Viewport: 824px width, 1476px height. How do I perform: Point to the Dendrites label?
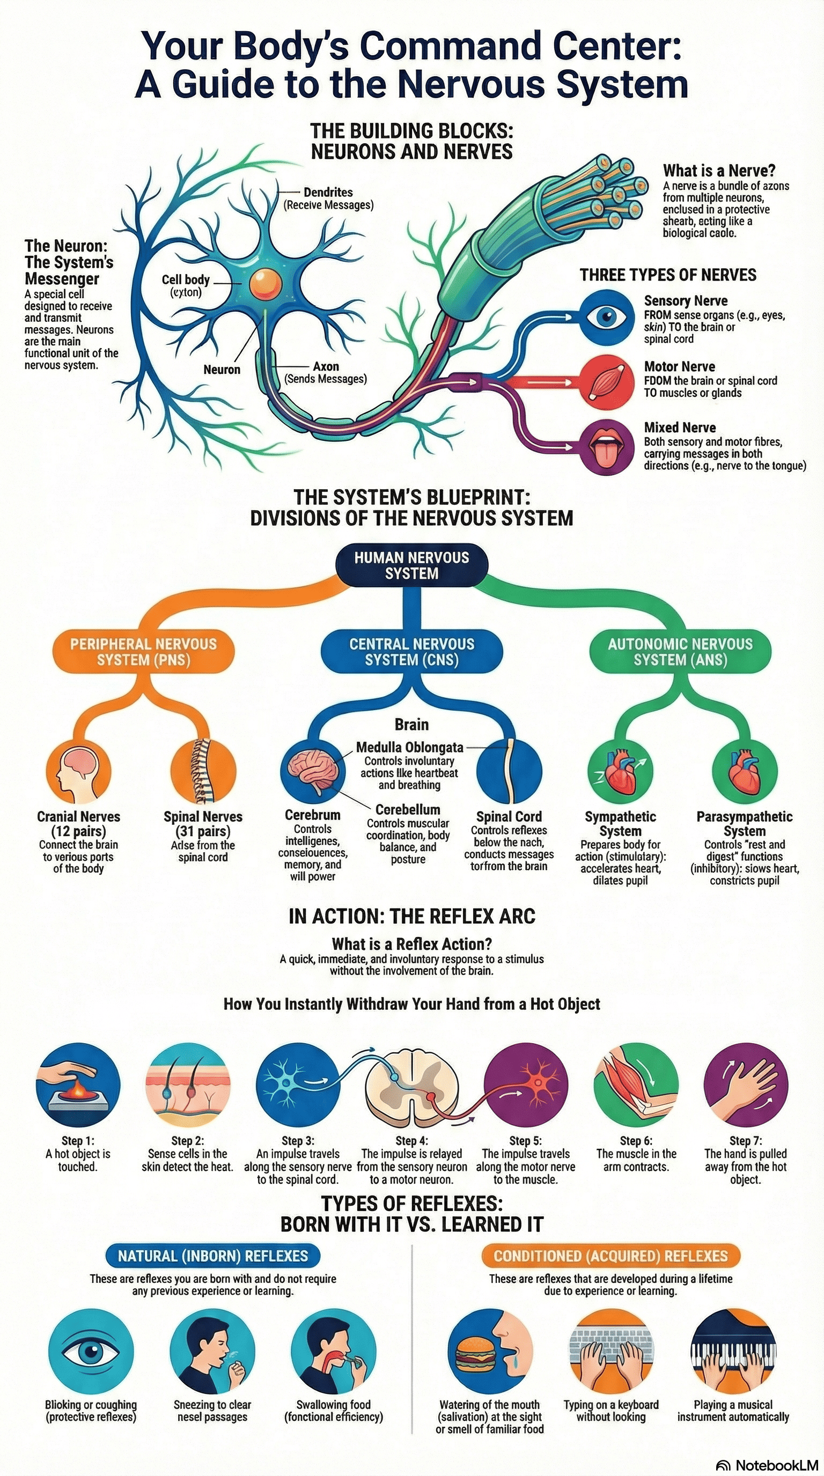click(328, 193)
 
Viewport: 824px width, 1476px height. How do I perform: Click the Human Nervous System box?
click(411, 565)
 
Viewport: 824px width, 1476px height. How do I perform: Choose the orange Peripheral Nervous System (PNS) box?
click(143, 652)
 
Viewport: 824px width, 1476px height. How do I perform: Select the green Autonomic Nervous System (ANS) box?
click(680, 652)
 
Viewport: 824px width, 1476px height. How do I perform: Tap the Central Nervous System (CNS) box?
click(411, 652)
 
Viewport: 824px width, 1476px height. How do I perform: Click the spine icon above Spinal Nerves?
click(203, 771)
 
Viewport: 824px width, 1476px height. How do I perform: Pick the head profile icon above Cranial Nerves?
click(78, 771)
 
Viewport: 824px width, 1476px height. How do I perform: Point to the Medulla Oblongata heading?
click(409, 747)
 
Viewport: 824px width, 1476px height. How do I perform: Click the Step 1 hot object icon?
click(78, 1084)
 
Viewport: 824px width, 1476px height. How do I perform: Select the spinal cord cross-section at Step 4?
click(411, 1084)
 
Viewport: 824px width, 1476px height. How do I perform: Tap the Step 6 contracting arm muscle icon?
click(636, 1084)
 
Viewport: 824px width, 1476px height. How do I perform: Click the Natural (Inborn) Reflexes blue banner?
click(212, 1256)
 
